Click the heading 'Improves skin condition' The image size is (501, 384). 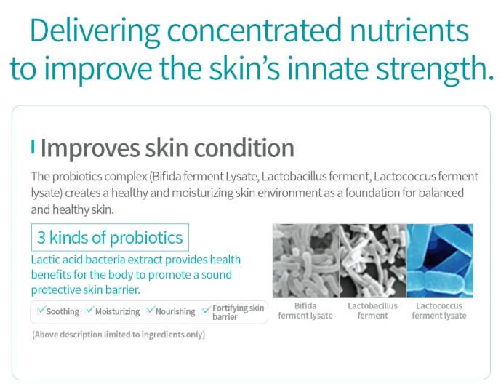(167, 148)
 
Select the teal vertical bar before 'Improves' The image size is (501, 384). (33, 147)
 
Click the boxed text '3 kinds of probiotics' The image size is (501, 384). (110, 238)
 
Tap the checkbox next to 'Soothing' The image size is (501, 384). (41, 311)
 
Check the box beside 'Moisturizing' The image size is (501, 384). (89, 311)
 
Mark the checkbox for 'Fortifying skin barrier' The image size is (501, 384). (207, 310)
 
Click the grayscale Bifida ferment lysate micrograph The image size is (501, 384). (305, 260)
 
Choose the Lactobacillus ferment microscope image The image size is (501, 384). (372, 260)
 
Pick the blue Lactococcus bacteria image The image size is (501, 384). (439, 260)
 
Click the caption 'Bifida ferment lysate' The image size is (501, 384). (305, 311)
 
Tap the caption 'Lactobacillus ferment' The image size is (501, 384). (372, 311)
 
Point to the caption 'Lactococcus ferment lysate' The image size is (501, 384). (439, 311)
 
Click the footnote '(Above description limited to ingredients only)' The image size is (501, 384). (119, 335)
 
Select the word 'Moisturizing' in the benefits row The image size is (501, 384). (117, 311)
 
